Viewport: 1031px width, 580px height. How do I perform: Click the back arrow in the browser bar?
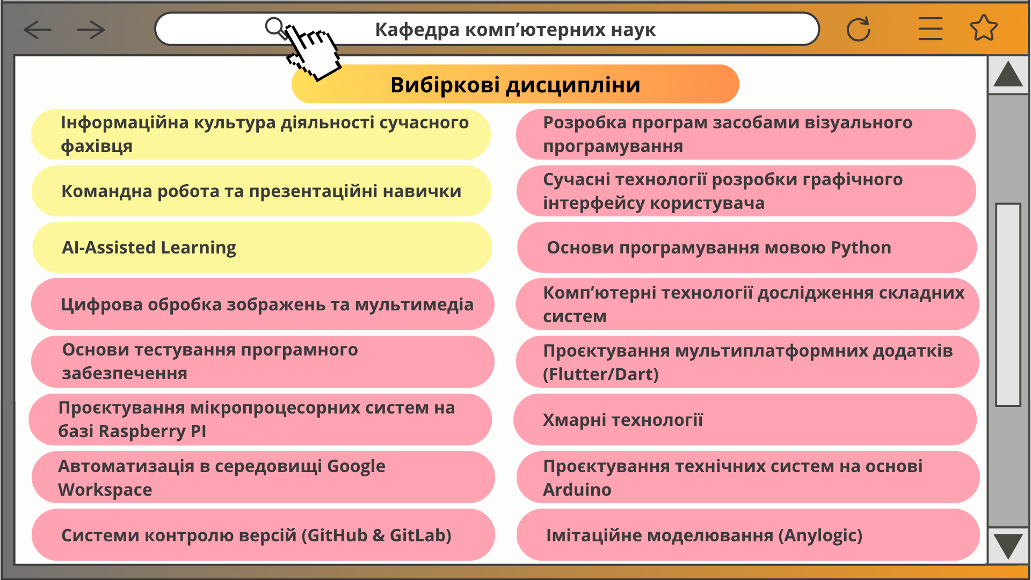[x=38, y=30]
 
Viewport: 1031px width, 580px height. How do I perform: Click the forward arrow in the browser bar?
[x=91, y=30]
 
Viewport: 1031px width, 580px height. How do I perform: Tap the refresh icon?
[x=858, y=29]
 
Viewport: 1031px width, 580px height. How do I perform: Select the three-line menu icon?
[x=930, y=28]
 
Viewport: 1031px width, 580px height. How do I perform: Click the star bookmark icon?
[x=984, y=28]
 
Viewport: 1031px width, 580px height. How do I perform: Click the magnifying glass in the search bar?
[x=276, y=28]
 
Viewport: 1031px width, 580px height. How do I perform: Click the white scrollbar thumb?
[x=1008, y=305]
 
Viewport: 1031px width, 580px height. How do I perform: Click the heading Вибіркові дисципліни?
[x=515, y=84]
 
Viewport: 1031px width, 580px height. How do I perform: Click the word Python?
[x=861, y=248]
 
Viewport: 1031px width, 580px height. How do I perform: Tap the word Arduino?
[x=577, y=490]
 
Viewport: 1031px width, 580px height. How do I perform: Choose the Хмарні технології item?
[x=745, y=419]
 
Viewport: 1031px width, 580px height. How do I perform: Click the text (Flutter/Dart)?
[x=601, y=374]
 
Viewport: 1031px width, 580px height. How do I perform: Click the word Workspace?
[x=105, y=490]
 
